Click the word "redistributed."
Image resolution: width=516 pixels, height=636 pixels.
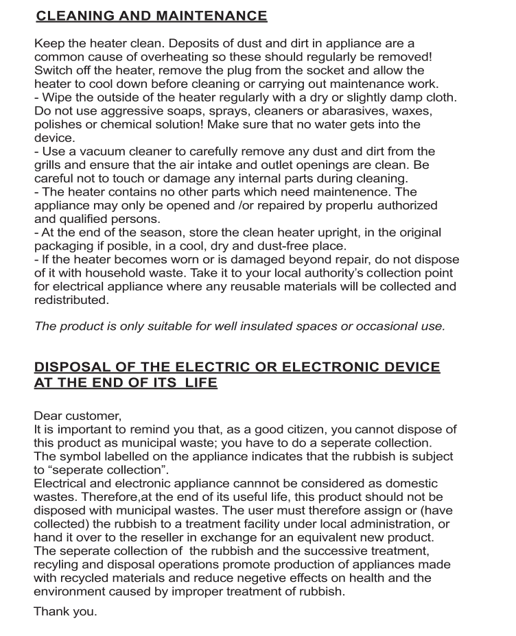[71, 300]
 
